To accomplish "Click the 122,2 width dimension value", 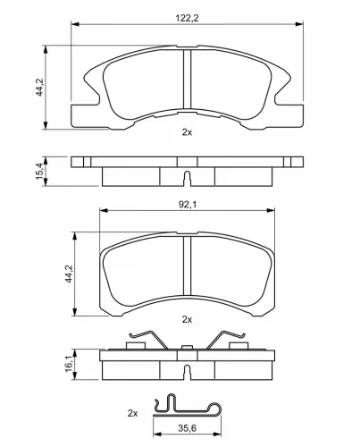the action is point(187,18).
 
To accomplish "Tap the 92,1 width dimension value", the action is point(188,205).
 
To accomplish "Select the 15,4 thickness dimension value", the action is point(39,172).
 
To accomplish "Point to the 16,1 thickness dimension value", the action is point(69,364).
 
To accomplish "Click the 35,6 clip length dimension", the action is point(188,428).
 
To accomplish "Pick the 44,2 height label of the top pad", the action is point(39,87).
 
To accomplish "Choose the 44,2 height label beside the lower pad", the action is point(69,274).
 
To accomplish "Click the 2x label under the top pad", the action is point(187,132).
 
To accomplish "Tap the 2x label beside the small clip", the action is point(132,413).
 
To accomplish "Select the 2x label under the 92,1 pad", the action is point(187,320).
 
